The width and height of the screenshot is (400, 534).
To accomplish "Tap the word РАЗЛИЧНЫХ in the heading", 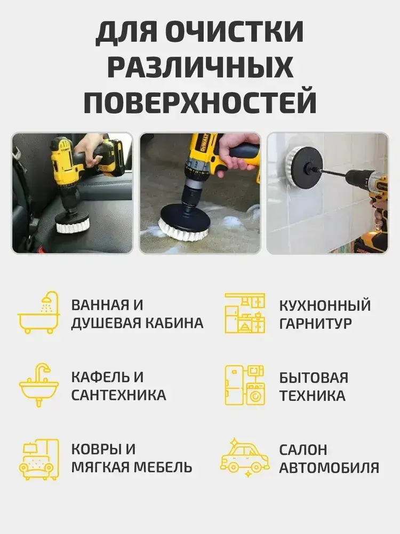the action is [201, 67].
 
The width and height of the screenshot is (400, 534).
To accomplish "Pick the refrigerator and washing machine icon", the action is [245, 385].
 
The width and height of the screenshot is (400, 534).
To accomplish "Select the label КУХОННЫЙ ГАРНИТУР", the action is [325, 314].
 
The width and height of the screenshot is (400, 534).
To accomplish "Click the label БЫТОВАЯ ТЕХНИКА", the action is [314, 387].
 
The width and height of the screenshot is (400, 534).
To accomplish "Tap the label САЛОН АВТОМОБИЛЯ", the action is [329, 459].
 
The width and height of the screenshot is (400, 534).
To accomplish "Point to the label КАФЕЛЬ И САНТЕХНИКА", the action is [119, 386].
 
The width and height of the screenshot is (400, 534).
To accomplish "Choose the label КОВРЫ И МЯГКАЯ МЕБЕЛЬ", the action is [132, 458].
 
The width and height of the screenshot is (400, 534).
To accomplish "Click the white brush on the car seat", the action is [73, 226].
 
